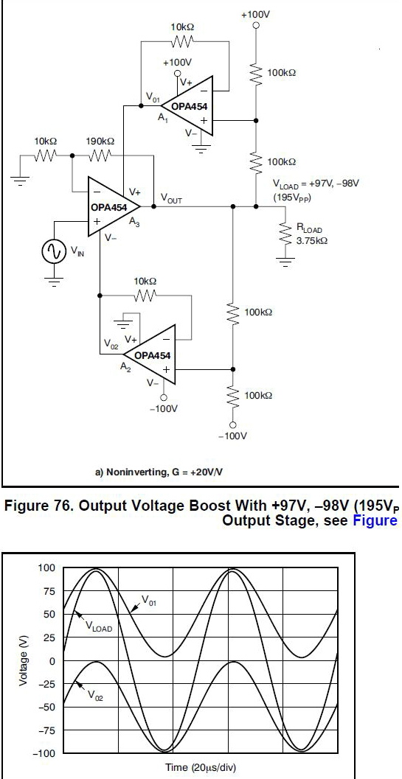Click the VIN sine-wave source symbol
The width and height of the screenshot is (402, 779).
pos(54,252)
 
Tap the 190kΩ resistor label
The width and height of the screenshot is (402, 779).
pos(100,142)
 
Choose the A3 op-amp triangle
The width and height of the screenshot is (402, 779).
pos(114,206)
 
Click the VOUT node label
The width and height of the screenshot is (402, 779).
pos(171,199)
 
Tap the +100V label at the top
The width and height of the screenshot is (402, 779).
pos(255,15)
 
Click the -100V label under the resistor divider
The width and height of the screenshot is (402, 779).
pos(232,436)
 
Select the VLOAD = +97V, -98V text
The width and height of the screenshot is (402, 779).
pos(316,184)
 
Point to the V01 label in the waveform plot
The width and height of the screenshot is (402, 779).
pos(149,601)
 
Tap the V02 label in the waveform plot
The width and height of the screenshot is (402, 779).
pos(96,696)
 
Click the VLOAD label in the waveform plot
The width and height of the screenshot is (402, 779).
pos(99,627)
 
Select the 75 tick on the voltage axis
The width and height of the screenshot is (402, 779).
pos(51,591)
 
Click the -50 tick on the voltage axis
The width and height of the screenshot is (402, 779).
pos(49,707)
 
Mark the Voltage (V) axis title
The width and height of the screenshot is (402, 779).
pos(23,661)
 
